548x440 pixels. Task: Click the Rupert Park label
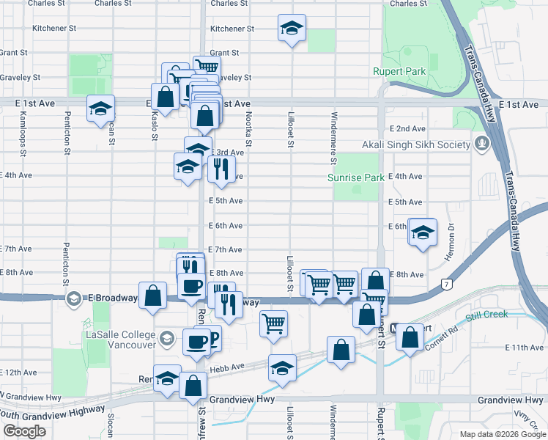pos(399,72)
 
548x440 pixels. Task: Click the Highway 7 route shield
pos(445,283)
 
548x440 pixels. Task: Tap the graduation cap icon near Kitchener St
pos(292,29)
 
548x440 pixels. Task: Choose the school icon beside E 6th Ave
pos(422,233)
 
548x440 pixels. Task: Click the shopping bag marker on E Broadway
pos(152,297)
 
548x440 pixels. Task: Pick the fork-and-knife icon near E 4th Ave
pos(221,169)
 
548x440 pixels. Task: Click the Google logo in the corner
pos(24,431)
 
